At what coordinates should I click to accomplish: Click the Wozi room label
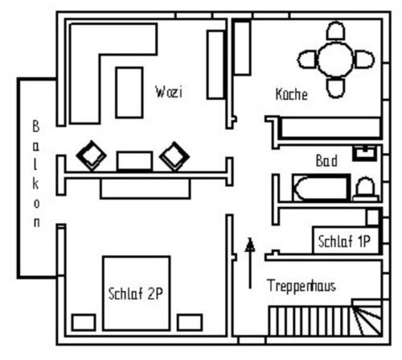click(169, 92)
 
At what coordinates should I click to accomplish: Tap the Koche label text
click(292, 94)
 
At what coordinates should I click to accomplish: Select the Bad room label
click(326, 161)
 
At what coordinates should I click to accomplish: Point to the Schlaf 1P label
click(344, 241)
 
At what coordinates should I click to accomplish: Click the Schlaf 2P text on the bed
click(136, 293)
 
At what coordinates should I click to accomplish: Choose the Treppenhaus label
click(301, 285)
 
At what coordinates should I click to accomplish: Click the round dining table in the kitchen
click(335, 60)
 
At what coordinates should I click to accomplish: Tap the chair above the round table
click(335, 31)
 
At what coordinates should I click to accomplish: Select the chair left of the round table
click(307, 60)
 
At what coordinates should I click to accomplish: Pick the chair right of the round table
click(364, 60)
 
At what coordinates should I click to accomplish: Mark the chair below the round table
click(335, 88)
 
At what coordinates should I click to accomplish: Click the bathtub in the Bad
click(322, 188)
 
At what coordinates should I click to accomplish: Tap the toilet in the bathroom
click(367, 189)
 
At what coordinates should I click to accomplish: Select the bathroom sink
click(365, 153)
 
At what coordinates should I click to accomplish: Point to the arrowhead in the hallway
click(250, 245)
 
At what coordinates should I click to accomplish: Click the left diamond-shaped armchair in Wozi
click(92, 155)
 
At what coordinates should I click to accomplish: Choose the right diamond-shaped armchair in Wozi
click(174, 156)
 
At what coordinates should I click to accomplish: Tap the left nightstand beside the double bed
click(84, 322)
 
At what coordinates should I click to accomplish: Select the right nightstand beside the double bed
click(190, 322)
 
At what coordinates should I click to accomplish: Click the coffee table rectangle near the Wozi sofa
click(129, 93)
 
